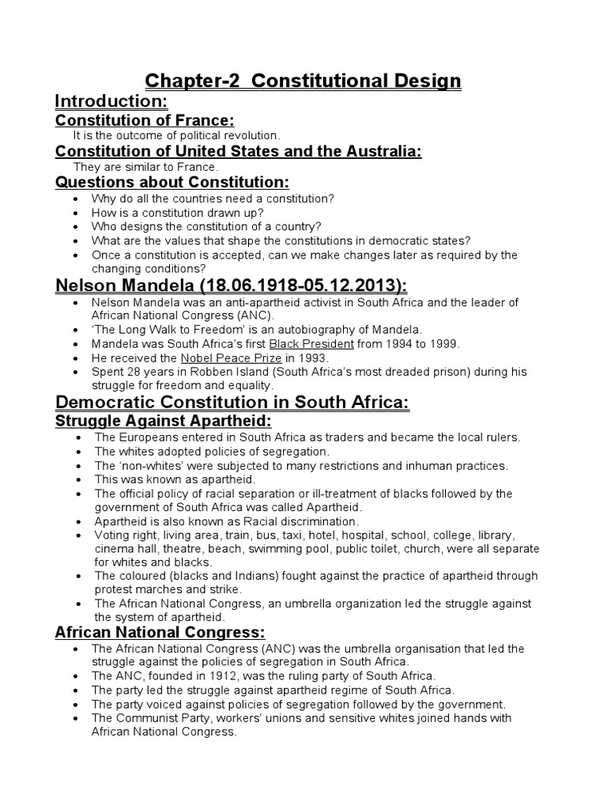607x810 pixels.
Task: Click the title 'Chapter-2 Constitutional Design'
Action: (303, 81)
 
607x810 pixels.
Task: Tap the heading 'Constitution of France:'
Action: (145, 120)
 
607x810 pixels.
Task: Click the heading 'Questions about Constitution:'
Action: (167, 183)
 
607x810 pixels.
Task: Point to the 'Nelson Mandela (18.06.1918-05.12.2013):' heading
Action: (231, 286)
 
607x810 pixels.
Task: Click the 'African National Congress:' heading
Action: (160, 632)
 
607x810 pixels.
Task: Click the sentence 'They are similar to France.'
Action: (145, 167)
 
